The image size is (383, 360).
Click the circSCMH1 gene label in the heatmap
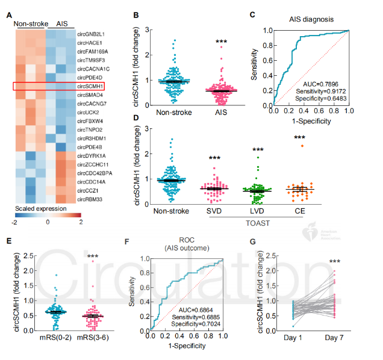click(x=90, y=87)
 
